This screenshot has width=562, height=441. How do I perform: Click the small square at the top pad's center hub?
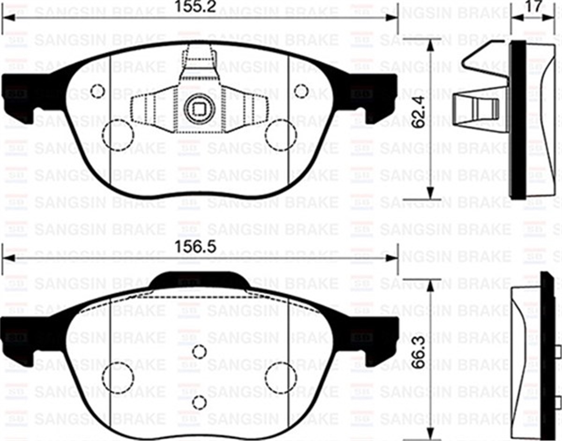pos(199,110)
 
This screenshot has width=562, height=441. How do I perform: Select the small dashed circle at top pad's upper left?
pos(97,91)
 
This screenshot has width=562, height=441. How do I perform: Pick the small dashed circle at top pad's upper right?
pos(301,90)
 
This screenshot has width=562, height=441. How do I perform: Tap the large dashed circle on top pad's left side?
pos(118,135)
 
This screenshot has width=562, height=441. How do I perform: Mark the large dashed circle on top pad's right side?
pos(281,135)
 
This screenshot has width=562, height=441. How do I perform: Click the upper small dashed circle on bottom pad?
pos(200,352)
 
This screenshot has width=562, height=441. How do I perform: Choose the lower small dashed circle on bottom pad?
pos(200,401)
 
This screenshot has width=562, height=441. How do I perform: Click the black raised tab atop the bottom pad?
pos(199,280)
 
